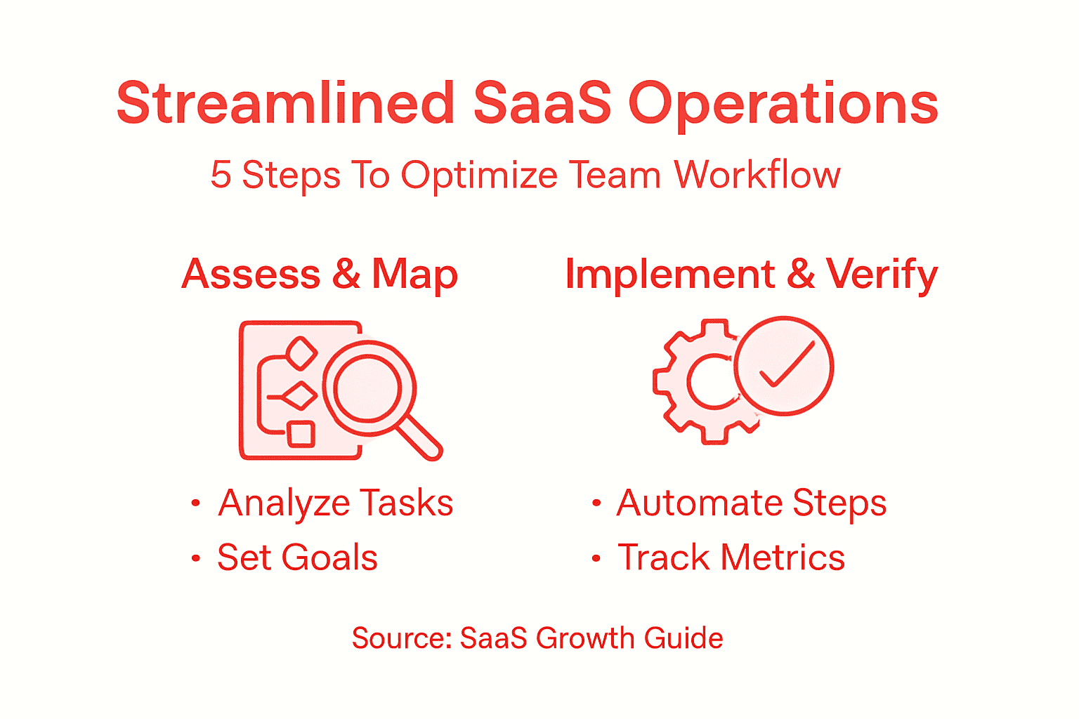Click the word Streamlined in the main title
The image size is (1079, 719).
coord(285,104)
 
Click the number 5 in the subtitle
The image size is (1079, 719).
coord(221,175)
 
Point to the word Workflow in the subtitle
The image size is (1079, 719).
coord(757,175)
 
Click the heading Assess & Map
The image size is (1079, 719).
coord(320,274)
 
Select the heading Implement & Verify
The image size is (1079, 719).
coord(751,274)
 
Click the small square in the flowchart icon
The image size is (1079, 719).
coord(301,433)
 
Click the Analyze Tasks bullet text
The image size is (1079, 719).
coord(335,503)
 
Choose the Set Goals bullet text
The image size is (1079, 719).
coord(297,558)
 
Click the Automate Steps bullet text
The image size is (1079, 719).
coord(751,503)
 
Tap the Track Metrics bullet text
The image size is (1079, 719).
coord(731,558)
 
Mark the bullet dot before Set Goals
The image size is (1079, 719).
coord(196,559)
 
